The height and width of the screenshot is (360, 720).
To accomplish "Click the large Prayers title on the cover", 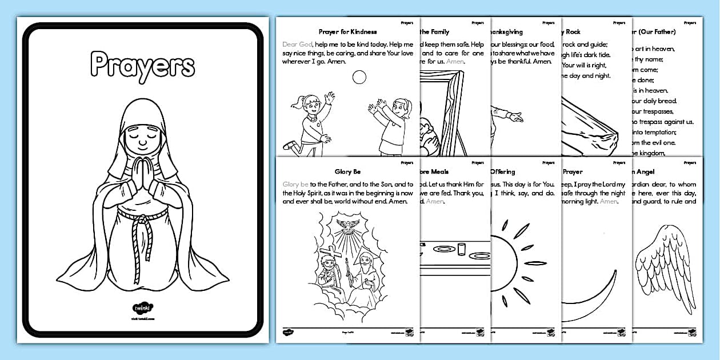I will pos(142,65).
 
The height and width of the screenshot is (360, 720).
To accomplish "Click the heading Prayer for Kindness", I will pos(348,32).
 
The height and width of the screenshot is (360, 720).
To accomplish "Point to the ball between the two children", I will pos(359,77).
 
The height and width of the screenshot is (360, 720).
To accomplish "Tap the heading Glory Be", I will pos(348,171).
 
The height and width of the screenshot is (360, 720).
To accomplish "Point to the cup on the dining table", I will pos(462,250).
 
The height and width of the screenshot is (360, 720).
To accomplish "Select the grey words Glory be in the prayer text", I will pos(295,184).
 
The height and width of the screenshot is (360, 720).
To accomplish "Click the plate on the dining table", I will pos(443,250).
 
